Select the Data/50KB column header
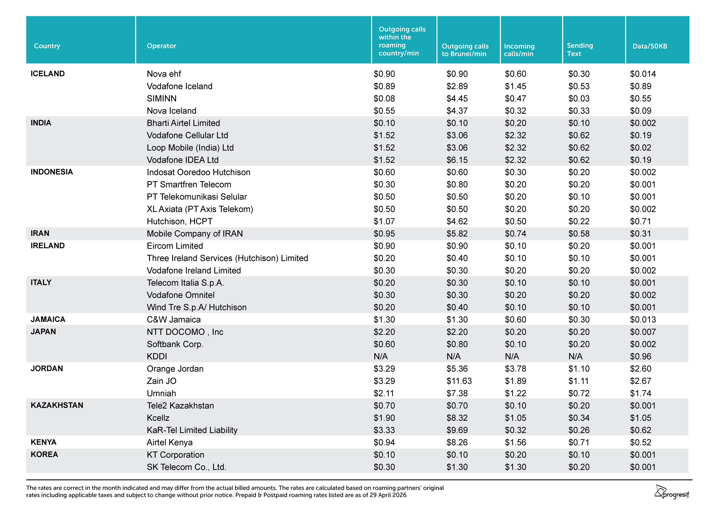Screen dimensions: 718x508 pyautogui.click(x=650, y=46)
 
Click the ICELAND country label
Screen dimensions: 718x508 pyautogui.click(x=48, y=74)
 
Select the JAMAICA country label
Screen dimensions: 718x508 pyautogui.click(x=48, y=319)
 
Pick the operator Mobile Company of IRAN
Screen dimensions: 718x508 pyautogui.click(x=195, y=234)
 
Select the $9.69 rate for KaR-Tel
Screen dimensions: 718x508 pyautogui.click(x=457, y=430)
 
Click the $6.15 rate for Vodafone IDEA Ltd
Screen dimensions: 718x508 pyautogui.click(x=457, y=160)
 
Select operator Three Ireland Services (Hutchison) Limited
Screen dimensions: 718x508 pyautogui.click(x=227, y=258)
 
